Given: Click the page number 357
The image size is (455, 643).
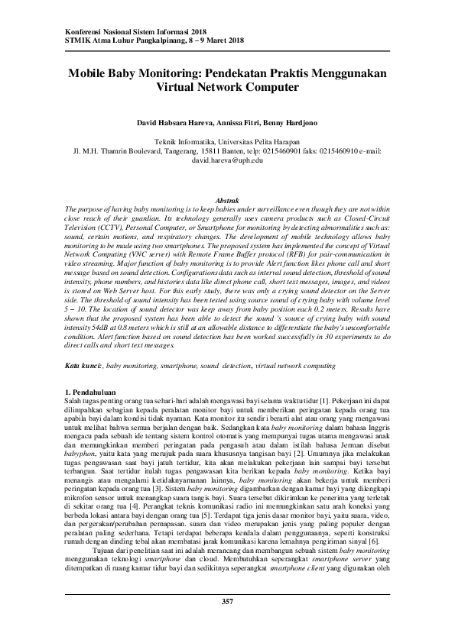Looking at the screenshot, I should pyautogui.click(x=227, y=624).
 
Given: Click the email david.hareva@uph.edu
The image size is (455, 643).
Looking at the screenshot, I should pyautogui.click(x=227, y=162).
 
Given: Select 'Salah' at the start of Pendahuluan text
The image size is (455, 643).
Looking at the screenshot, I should pyautogui.click(x=75, y=402).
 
